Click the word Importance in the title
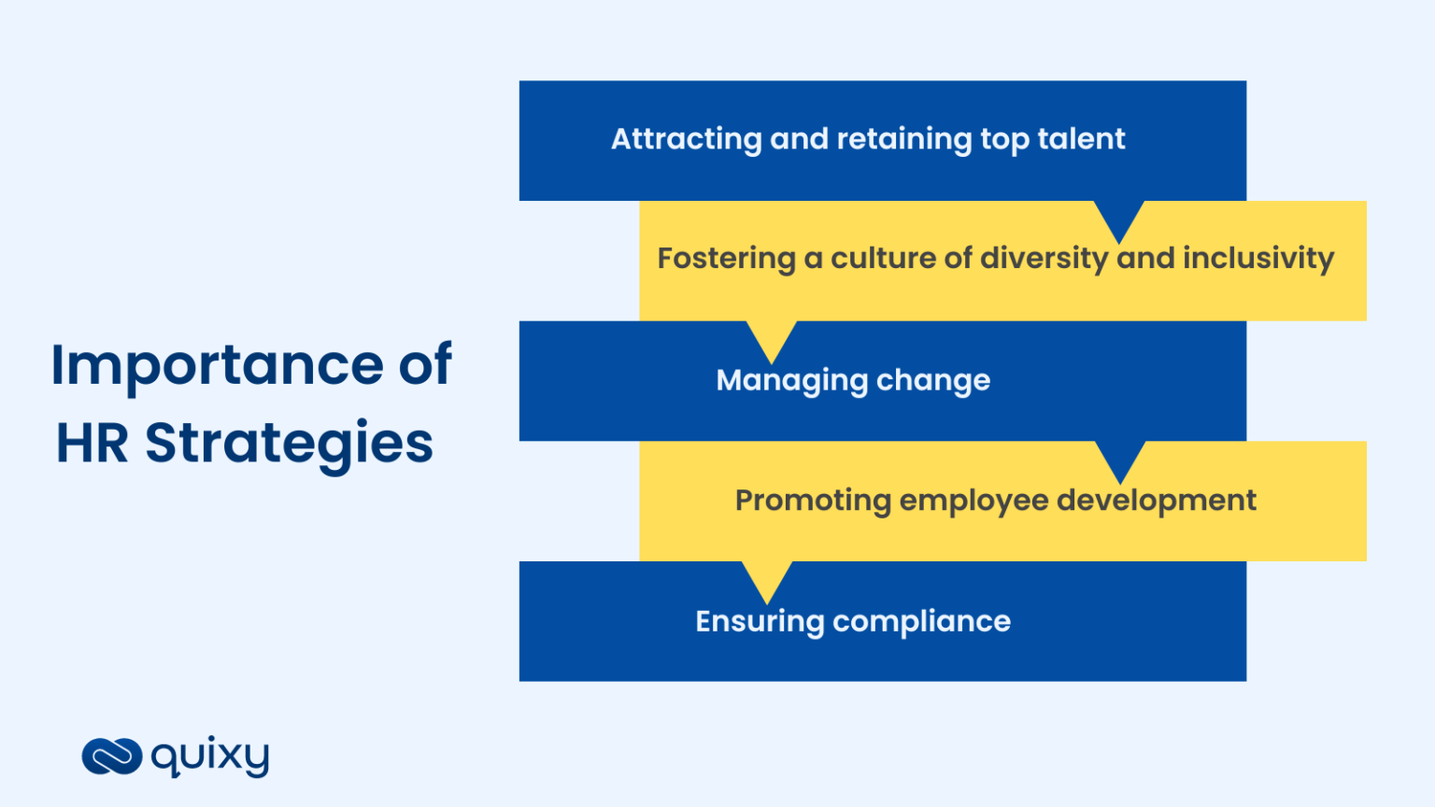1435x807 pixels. click(x=217, y=365)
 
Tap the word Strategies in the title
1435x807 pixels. click(x=289, y=444)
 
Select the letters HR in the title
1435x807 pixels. click(x=92, y=444)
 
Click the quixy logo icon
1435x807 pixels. click(x=112, y=757)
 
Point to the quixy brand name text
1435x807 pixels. click(x=210, y=756)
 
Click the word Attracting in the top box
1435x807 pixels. click(x=686, y=139)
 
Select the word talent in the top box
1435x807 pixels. click(x=1081, y=139)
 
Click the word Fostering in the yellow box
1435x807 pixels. click(x=726, y=259)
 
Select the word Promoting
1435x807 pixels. click(x=813, y=501)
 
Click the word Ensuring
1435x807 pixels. click(x=759, y=622)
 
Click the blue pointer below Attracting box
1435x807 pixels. click(x=1119, y=219)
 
